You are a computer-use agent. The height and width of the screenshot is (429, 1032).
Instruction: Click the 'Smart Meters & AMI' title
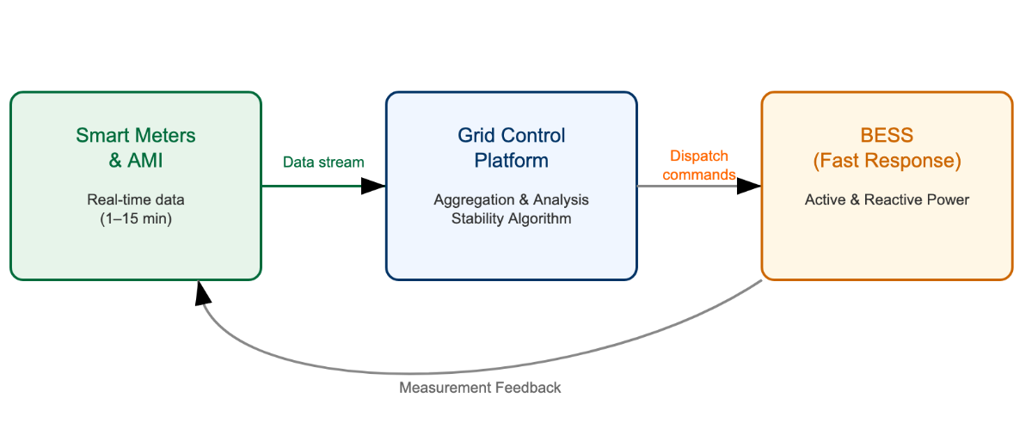[136, 148]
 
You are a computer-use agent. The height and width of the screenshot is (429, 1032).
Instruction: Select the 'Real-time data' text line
[136, 199]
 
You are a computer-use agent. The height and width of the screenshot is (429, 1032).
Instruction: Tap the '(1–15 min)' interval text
[136, 218]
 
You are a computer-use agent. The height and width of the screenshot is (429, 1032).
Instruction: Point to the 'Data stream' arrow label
[323, 162]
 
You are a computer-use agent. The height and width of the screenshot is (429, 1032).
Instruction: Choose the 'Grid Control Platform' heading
[512, 148]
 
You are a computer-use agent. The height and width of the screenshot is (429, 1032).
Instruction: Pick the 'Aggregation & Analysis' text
[512, 199]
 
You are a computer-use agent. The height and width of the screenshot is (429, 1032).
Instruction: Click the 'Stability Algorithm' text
[512, 218]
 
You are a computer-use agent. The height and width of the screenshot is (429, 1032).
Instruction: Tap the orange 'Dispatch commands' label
[699, 165]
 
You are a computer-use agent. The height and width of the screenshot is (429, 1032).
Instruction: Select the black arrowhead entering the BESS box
[749, 186]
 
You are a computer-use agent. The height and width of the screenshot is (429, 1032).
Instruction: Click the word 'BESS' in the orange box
[887, 135]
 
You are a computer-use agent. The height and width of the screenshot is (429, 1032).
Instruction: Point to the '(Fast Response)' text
[887, 161]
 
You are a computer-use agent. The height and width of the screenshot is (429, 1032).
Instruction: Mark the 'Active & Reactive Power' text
[887, 199]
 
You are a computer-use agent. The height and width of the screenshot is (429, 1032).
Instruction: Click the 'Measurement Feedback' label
[480, 388]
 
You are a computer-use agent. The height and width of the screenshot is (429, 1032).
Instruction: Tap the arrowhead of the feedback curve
[203, 293]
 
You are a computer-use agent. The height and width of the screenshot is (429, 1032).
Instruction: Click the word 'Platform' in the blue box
[512, 161]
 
